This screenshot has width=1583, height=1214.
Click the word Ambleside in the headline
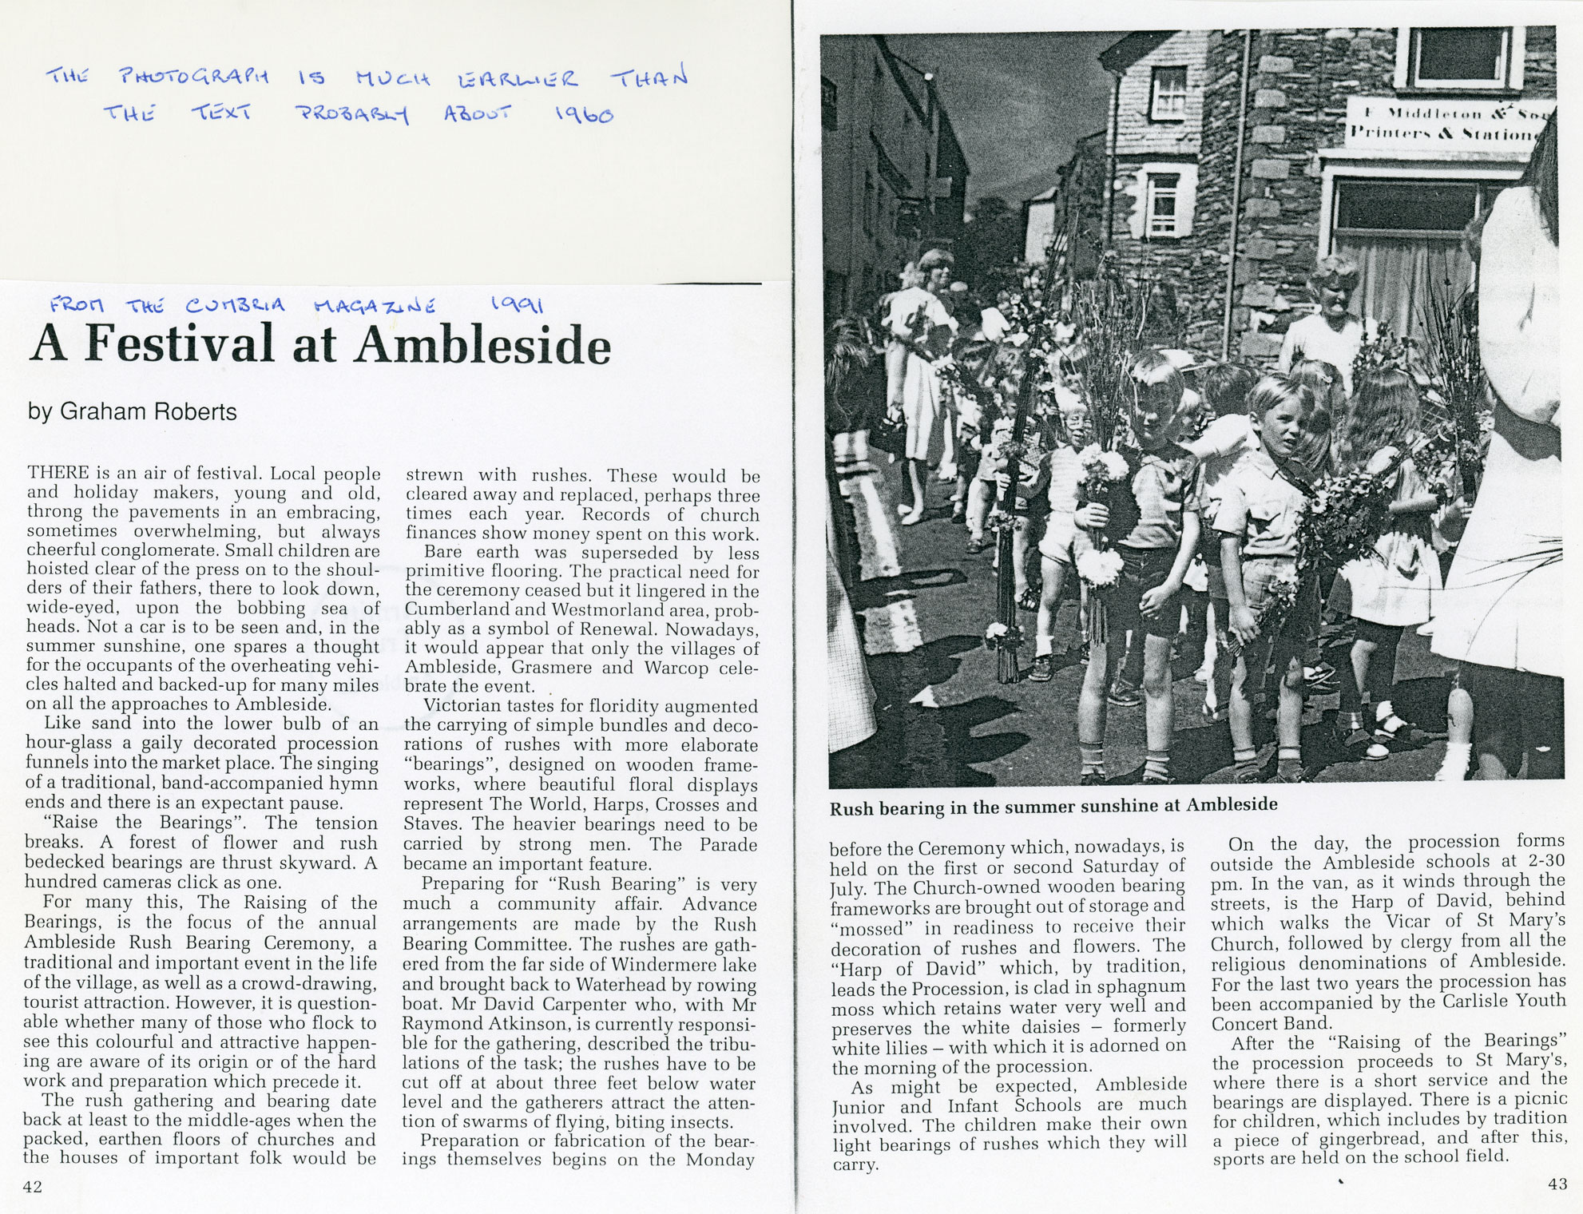(483, 345)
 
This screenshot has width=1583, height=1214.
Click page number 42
(33, 1186)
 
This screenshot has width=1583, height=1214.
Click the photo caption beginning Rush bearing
(1053, 805)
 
